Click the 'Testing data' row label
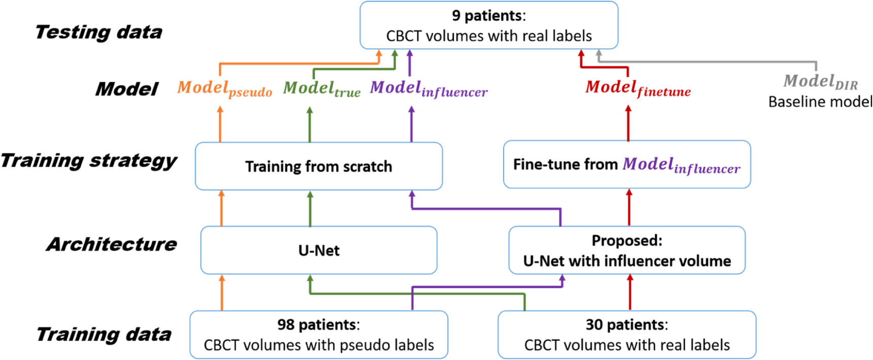click(98, 32)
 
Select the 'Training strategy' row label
click(89, 160)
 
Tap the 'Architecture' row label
click(112, 244)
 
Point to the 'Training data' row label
click(104, 334)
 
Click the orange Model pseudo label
click(224, 88)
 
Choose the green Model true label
click(321, 88)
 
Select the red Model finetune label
click(637, 88)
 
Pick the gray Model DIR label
click(820, 81)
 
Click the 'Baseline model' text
click(820, 102)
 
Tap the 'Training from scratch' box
click(319, 167)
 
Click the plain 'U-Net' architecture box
click(319, 250)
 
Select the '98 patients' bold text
click(318, 324)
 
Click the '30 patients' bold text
click(626, 324)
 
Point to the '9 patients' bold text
click(488, 16)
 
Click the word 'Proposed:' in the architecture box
click(626, 240)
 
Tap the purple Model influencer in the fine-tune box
click(681, 165)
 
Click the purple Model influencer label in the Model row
click(428, 88)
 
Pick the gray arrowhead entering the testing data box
click(599, 53)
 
